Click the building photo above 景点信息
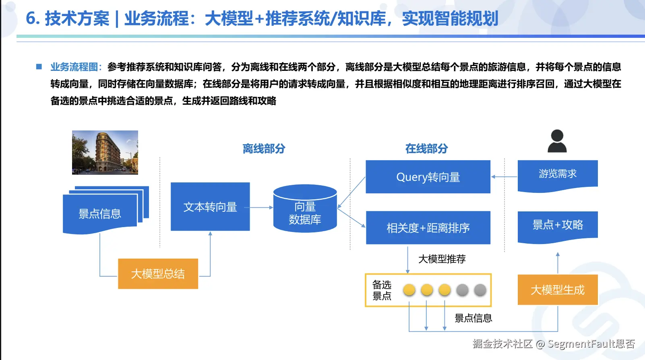pyautogui.click(x=105, y=152)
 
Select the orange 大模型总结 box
pyautogui.click(x=158, y=274)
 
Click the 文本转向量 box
pyautogui.click(x=210, y=207)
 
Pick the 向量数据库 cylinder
pyautogui.click(x=305, y=209)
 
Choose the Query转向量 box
pyautogui.click(x=428, y=177)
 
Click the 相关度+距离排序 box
pyautogui.click(x=428, y=228)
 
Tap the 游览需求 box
pyautogui.click(x=558, y=174)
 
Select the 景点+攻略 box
pyautogui.click(x=558, y=226)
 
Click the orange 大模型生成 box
pyautogui.click(x=558, y=290)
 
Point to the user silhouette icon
pyautogui.click(x=557, y=141)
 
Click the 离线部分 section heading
pyautogui.click(x=264, y=149)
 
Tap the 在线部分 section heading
pyautogui.click(x=426, y=149)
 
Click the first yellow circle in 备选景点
pyautogui.click(x=409, y=290)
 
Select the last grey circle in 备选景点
pyautogui.click(x=480, y=290)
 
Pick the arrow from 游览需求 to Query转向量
pyautogui.click(x=504, y=177)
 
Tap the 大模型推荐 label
pyautogui.click(x=442, y=259)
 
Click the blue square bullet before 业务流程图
pyautogui.click(x=39, y=67)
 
